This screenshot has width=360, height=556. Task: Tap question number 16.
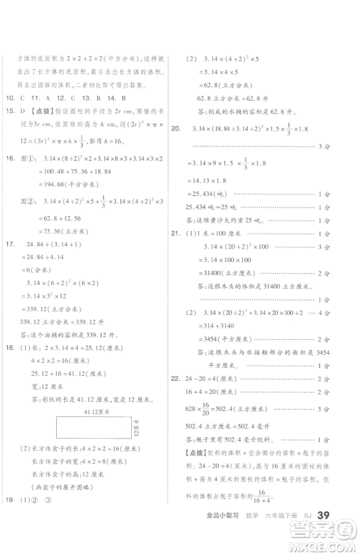tap(9, 158)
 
